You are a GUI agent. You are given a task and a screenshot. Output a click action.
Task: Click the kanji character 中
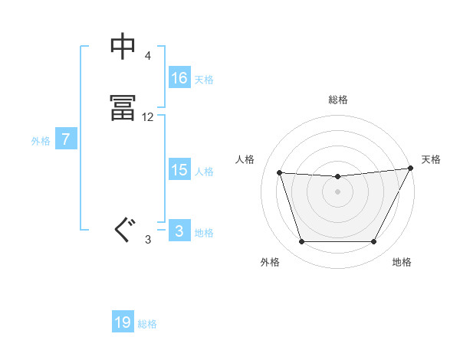coord(123,47)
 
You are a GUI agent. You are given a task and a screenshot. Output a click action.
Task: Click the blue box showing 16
coord(179,78)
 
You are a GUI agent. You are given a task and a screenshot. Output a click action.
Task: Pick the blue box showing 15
coord(179,170)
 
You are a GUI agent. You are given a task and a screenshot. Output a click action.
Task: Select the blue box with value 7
coord(66,139)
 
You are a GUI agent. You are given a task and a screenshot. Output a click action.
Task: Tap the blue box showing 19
coord(123,322)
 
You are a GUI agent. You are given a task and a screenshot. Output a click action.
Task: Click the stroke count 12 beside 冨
coord(148,117)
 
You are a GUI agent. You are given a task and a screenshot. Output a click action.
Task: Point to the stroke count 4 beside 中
coord(148,57)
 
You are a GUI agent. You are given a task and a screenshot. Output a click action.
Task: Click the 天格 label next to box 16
coord(204,80)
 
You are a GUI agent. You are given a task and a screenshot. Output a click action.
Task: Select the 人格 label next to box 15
coord(204,172)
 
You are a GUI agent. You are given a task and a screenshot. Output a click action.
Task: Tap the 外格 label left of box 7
coord(41,141)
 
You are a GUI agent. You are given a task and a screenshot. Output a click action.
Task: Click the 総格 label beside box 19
coord(147,324)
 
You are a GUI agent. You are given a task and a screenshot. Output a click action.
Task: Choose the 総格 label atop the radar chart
coord(337,100)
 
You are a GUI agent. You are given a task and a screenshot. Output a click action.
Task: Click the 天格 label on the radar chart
coord(431,159)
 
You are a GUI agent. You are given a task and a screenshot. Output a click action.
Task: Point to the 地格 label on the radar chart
coord(402,262)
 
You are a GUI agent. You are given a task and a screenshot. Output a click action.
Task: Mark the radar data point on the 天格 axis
coord(411,168)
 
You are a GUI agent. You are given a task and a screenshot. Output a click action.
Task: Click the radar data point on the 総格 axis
coord(337,177)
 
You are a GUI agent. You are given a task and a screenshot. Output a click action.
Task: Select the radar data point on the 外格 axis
coord(301,242)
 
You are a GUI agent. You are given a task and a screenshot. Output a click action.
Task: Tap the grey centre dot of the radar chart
coord(337,191)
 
